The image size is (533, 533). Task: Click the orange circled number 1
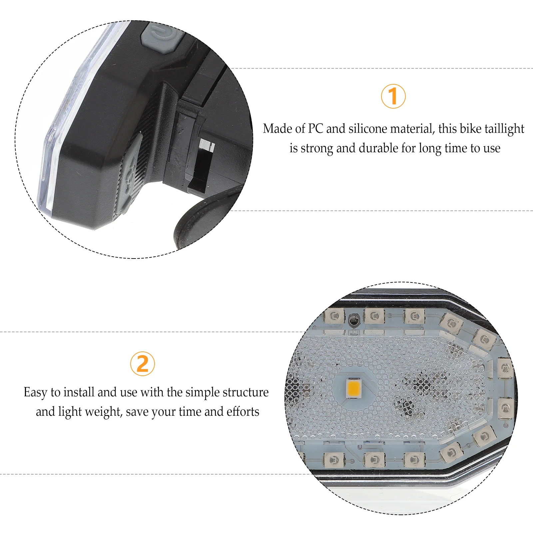[x=393, y=96]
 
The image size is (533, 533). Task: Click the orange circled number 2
[x=143, y=364]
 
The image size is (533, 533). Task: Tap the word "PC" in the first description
[x=315, y=129]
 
